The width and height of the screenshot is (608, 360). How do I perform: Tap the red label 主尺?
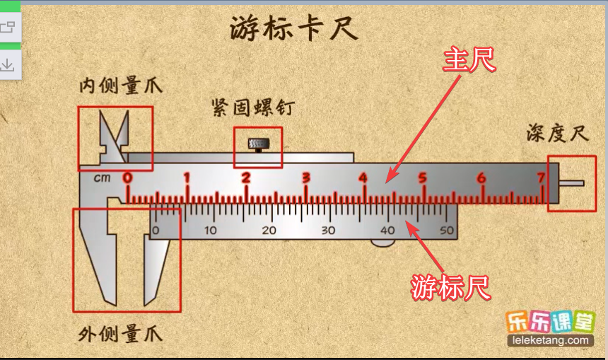[x=469, y=61]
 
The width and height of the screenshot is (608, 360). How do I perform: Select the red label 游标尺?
[x=450, y=287]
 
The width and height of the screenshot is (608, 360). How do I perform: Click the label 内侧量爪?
[x=120, y=86]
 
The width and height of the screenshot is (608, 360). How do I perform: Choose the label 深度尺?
[x=557, y=133]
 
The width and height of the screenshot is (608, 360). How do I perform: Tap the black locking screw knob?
[x=257, y=145]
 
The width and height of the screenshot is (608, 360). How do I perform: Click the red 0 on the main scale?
[x=127, y=178]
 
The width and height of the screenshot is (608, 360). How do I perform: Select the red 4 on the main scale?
[x=363, y=178]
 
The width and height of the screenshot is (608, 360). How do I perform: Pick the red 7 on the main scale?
[x=542, y=178]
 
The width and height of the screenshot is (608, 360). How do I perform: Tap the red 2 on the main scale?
[x=246, y=178]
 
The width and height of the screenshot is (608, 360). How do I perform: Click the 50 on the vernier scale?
[x=447, y=231]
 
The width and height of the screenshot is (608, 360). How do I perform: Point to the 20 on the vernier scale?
[x=269, y=231]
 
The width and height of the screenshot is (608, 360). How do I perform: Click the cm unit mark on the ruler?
[x=102, y=178]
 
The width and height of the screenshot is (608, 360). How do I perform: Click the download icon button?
[x=8, y=64]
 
